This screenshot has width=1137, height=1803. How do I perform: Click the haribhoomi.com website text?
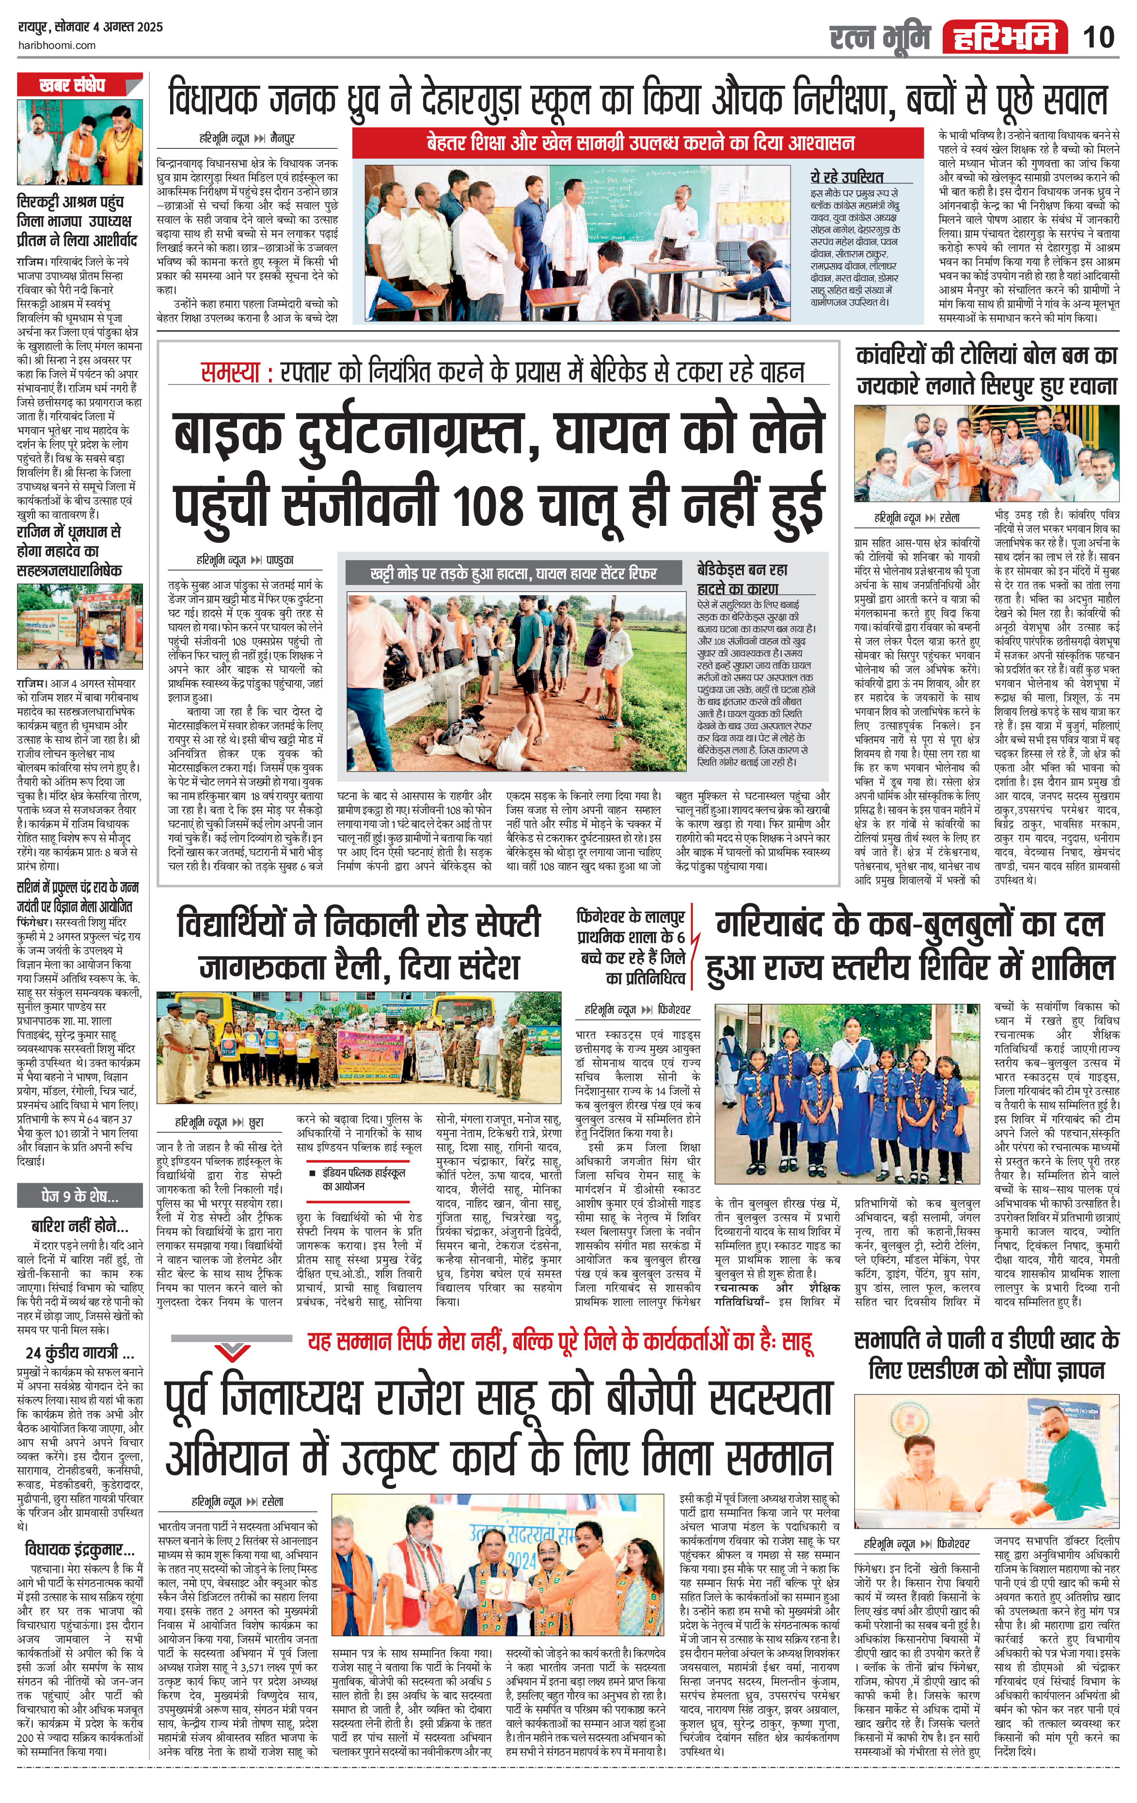56,45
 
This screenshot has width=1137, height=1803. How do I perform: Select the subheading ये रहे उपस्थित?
847,177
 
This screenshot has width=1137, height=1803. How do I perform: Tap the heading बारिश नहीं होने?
79,1226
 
